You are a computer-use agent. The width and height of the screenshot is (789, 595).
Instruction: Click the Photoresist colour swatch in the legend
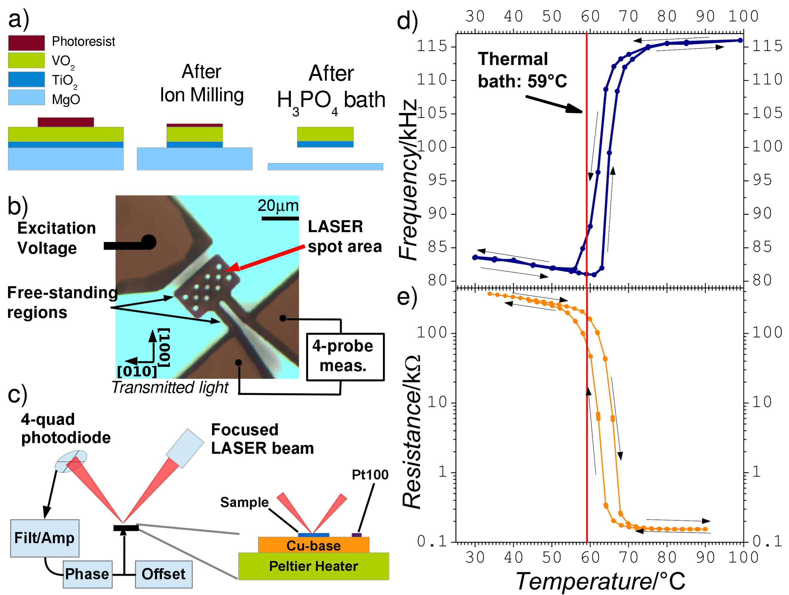coord(26,43)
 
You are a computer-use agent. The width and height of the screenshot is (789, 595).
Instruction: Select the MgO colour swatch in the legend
coord(26,97)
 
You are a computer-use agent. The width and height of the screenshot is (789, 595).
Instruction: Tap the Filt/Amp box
coord(44,538)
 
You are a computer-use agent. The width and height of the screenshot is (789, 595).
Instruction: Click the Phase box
coord(88,574)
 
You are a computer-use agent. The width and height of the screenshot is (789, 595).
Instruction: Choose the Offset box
coord(164,574)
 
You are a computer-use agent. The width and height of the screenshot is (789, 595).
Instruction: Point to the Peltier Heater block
coord(314,566)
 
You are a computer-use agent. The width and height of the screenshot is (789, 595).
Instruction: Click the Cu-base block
coord(314,545)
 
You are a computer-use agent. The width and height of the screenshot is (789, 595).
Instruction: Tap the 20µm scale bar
coord(280,218)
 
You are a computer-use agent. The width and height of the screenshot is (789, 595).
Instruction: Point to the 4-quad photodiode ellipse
coord(70,461)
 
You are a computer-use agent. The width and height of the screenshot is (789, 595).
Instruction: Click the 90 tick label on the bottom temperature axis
coord(705,557)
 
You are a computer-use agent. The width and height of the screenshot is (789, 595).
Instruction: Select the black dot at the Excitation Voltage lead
coord(149,243)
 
